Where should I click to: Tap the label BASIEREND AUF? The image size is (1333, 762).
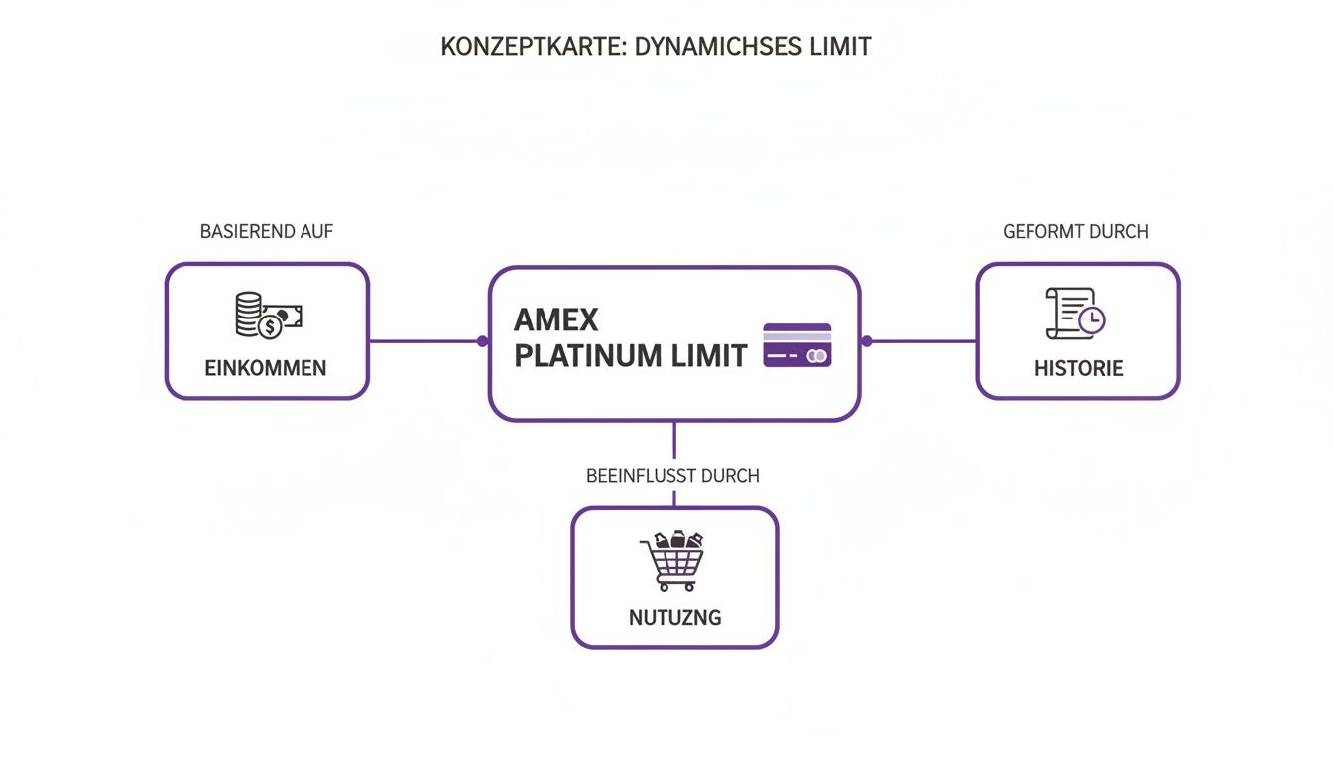[267, 232]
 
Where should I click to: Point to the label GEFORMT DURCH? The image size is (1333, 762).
[1075, 232]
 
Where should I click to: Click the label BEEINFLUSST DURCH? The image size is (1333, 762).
[672, 476]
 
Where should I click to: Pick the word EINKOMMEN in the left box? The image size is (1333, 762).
[265, 368]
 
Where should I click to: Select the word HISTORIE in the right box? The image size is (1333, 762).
[1078, 368]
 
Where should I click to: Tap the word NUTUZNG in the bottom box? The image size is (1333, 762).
[674, 617]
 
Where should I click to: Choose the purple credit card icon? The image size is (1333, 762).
[797, 345]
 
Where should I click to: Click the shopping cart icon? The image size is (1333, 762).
[673, 561]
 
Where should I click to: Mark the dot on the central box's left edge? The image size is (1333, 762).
[483, 341]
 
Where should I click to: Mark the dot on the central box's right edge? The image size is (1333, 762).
[866, 341]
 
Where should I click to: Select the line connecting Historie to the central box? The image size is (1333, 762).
[922, 341]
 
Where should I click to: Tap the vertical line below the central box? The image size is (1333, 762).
[674, 441]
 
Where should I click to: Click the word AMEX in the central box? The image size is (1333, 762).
[556, 320]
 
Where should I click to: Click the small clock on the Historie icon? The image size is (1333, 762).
[1092, 320]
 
